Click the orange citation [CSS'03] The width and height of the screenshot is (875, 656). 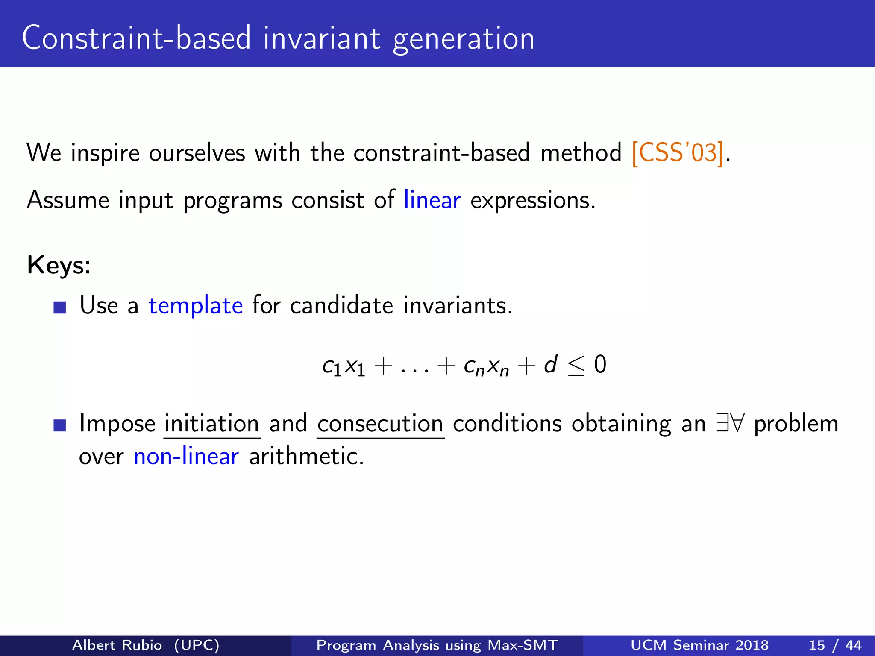point(678,153)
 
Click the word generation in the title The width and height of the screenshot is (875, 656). point(464,38)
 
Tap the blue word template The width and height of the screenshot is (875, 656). point(196,306)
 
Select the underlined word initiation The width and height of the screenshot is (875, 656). point(212,424)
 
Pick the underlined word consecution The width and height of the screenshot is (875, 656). point(380,424)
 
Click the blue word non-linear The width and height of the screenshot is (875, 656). point(186,457)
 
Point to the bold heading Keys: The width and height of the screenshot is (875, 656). point(59,265)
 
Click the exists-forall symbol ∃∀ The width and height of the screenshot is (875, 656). point(730,424)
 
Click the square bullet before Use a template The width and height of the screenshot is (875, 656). point(60,307)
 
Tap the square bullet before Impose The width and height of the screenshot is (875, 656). point(60,425)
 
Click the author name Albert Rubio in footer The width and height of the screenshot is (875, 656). point(117,645)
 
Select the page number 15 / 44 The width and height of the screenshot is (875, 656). point(835,645)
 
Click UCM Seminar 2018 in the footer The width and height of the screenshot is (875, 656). point(699,645)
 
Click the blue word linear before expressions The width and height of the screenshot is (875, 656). point(432,200)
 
